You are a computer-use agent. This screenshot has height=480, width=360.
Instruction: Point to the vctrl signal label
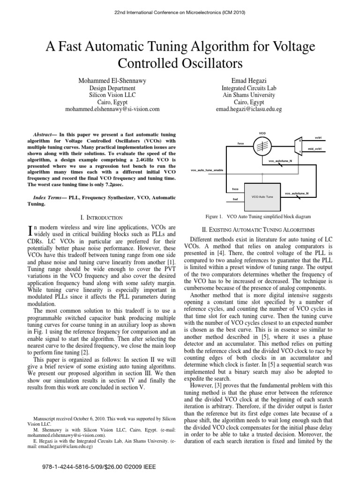coord(318,138)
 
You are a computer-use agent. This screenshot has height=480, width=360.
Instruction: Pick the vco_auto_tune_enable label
coord(206,170)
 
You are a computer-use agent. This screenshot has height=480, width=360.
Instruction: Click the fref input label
coord(235,199)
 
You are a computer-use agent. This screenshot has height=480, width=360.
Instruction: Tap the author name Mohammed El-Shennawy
coord(112,81)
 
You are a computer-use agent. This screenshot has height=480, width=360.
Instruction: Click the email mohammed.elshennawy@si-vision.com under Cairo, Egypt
coord(112,109)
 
